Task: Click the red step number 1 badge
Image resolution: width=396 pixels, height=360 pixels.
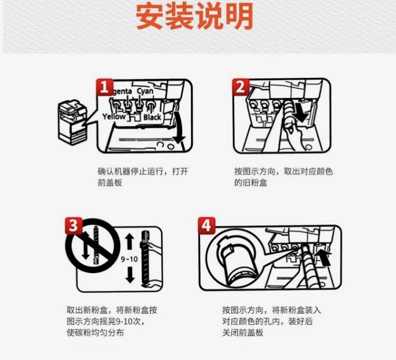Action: (105, 87)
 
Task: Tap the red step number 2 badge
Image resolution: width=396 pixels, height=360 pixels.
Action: (241, 87)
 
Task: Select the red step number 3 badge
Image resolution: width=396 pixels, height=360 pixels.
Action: (74, 225)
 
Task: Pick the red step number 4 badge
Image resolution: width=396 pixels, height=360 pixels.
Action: (206, 225)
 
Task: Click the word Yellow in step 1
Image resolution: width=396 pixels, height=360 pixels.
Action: (114, 116)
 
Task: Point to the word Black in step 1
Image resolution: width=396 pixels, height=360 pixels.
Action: (152, 117)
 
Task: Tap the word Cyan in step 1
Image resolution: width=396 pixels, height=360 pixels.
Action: (145, 91)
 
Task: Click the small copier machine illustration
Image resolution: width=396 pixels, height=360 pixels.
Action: (72, 122)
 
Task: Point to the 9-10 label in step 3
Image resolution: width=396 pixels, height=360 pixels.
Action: (129, 259)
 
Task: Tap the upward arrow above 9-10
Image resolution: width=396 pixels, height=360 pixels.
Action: (129, 242)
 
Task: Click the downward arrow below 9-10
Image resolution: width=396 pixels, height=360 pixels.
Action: (130, 274)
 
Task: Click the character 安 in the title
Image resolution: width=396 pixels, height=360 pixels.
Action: (150, 16)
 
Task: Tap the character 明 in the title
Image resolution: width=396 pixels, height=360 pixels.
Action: (239, 16)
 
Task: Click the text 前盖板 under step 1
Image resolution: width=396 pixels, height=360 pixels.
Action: (110, 183)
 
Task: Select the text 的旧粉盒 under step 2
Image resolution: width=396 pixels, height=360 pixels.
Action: (250, 183)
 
